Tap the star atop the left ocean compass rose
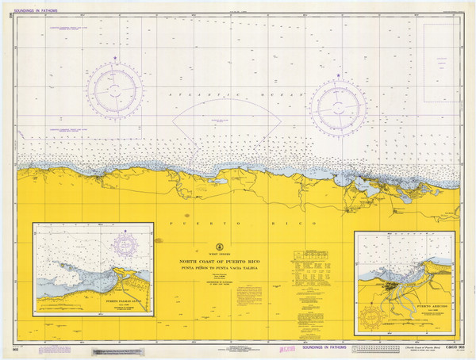(x=116, y=56)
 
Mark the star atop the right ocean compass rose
(x=338, y=75)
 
